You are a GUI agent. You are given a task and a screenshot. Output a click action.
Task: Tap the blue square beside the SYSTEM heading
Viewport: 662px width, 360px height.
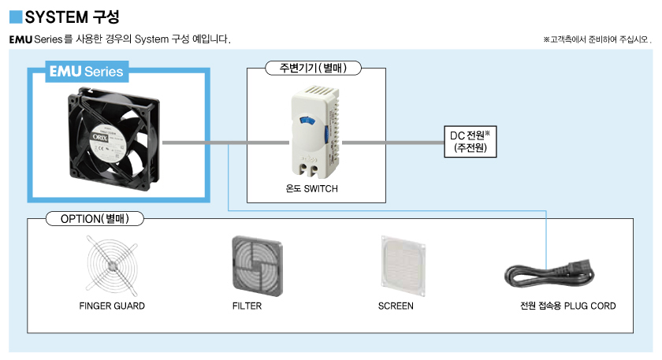pos(16,15)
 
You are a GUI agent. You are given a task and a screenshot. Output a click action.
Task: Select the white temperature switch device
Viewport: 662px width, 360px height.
pos(314,130)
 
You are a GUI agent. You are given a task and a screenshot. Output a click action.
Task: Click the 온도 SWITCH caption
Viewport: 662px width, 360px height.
pos(314,189)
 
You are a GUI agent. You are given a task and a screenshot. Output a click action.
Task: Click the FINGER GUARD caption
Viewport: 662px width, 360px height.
pos(112,306)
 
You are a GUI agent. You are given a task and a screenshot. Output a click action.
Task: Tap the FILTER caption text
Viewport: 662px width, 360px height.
pos(247,306)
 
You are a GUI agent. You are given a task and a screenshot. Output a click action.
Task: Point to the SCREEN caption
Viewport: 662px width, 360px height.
pos(396,306)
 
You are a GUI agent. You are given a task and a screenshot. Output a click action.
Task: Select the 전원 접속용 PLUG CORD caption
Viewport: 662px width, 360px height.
pos(562,306)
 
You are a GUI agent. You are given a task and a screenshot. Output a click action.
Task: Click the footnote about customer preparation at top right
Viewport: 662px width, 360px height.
pos(597,39)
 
